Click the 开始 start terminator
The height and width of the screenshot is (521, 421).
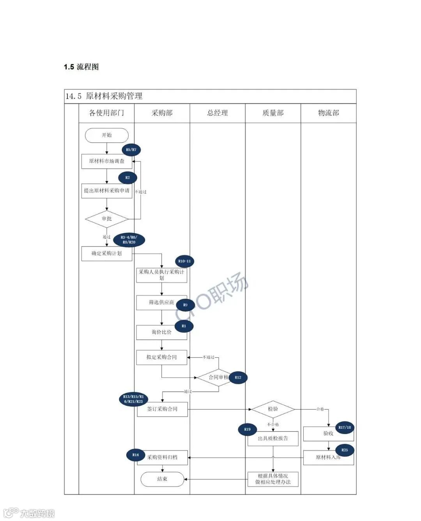click(x=106, y=135)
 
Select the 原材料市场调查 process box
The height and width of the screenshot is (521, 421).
click(x=106, y=161)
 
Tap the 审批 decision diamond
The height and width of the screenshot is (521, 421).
click(x=106, y=219)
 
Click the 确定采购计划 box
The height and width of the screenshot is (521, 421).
click(x=106, y=253)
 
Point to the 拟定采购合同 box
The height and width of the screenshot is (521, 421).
click(x=161, y=357)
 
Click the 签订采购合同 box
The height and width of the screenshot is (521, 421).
click(x=162, y=409)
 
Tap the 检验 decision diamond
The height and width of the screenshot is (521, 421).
click(x=273, y=409)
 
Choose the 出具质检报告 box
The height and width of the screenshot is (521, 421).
click(x=273, y=438)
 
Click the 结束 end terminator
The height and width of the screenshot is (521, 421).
click(x=162, y=479)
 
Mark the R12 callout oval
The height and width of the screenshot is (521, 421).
click(x=238, y=377)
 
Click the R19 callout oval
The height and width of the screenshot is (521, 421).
click(x=248, y=429)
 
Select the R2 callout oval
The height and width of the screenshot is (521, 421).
click(x=127, y=178)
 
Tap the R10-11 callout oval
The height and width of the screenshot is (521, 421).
click(x=184, y=261)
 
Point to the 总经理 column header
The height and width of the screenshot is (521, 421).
click(x=218, y=113)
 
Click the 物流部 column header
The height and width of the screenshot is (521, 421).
click(x=329, y=113)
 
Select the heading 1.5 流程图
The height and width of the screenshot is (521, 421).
click(x=81, y=67)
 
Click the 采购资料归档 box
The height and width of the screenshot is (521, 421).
click(x=162, y=458)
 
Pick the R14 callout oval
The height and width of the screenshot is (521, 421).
click(x=135, y=455)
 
